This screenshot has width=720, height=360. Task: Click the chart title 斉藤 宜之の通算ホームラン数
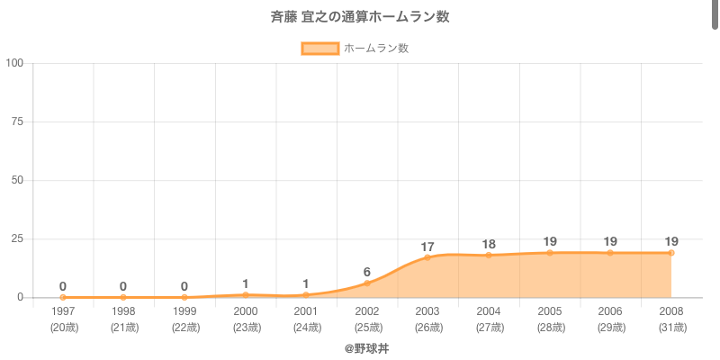click(x=360, y=17)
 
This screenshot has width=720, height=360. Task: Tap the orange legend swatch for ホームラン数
click(x=319, y=49)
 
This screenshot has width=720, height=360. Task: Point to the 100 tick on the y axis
click(x=14, y=63)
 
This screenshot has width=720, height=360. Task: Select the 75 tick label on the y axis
click(x=17, y=121)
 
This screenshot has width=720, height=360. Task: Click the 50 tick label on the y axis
click(x=17, y=180)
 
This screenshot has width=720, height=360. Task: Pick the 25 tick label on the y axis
click(x=17, y=238)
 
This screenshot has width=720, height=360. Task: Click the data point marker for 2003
click(x=427, y=257)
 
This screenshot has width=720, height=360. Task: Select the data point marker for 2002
click(x=367, y=283)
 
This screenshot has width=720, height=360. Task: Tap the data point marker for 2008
click(x=671, y=253)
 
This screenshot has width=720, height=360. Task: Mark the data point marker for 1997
click(x=63, y=297)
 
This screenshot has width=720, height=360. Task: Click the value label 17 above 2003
click(x=427, y=247)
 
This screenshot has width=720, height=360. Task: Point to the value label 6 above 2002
click(x=367, y=272)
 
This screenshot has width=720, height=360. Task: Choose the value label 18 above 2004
click(x=489, y=244)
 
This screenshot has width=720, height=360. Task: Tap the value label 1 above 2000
click(x=246, y=283)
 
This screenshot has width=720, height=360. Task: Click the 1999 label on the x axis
click(x=184, y=311)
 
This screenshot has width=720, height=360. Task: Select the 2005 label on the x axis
click(x=550, y=311)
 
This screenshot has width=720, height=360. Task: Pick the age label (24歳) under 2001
click(x=306, y=328)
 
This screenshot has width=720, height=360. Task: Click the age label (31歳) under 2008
click(x=671, y=328)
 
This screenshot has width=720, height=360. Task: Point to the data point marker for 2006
click(x=610, y=253)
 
